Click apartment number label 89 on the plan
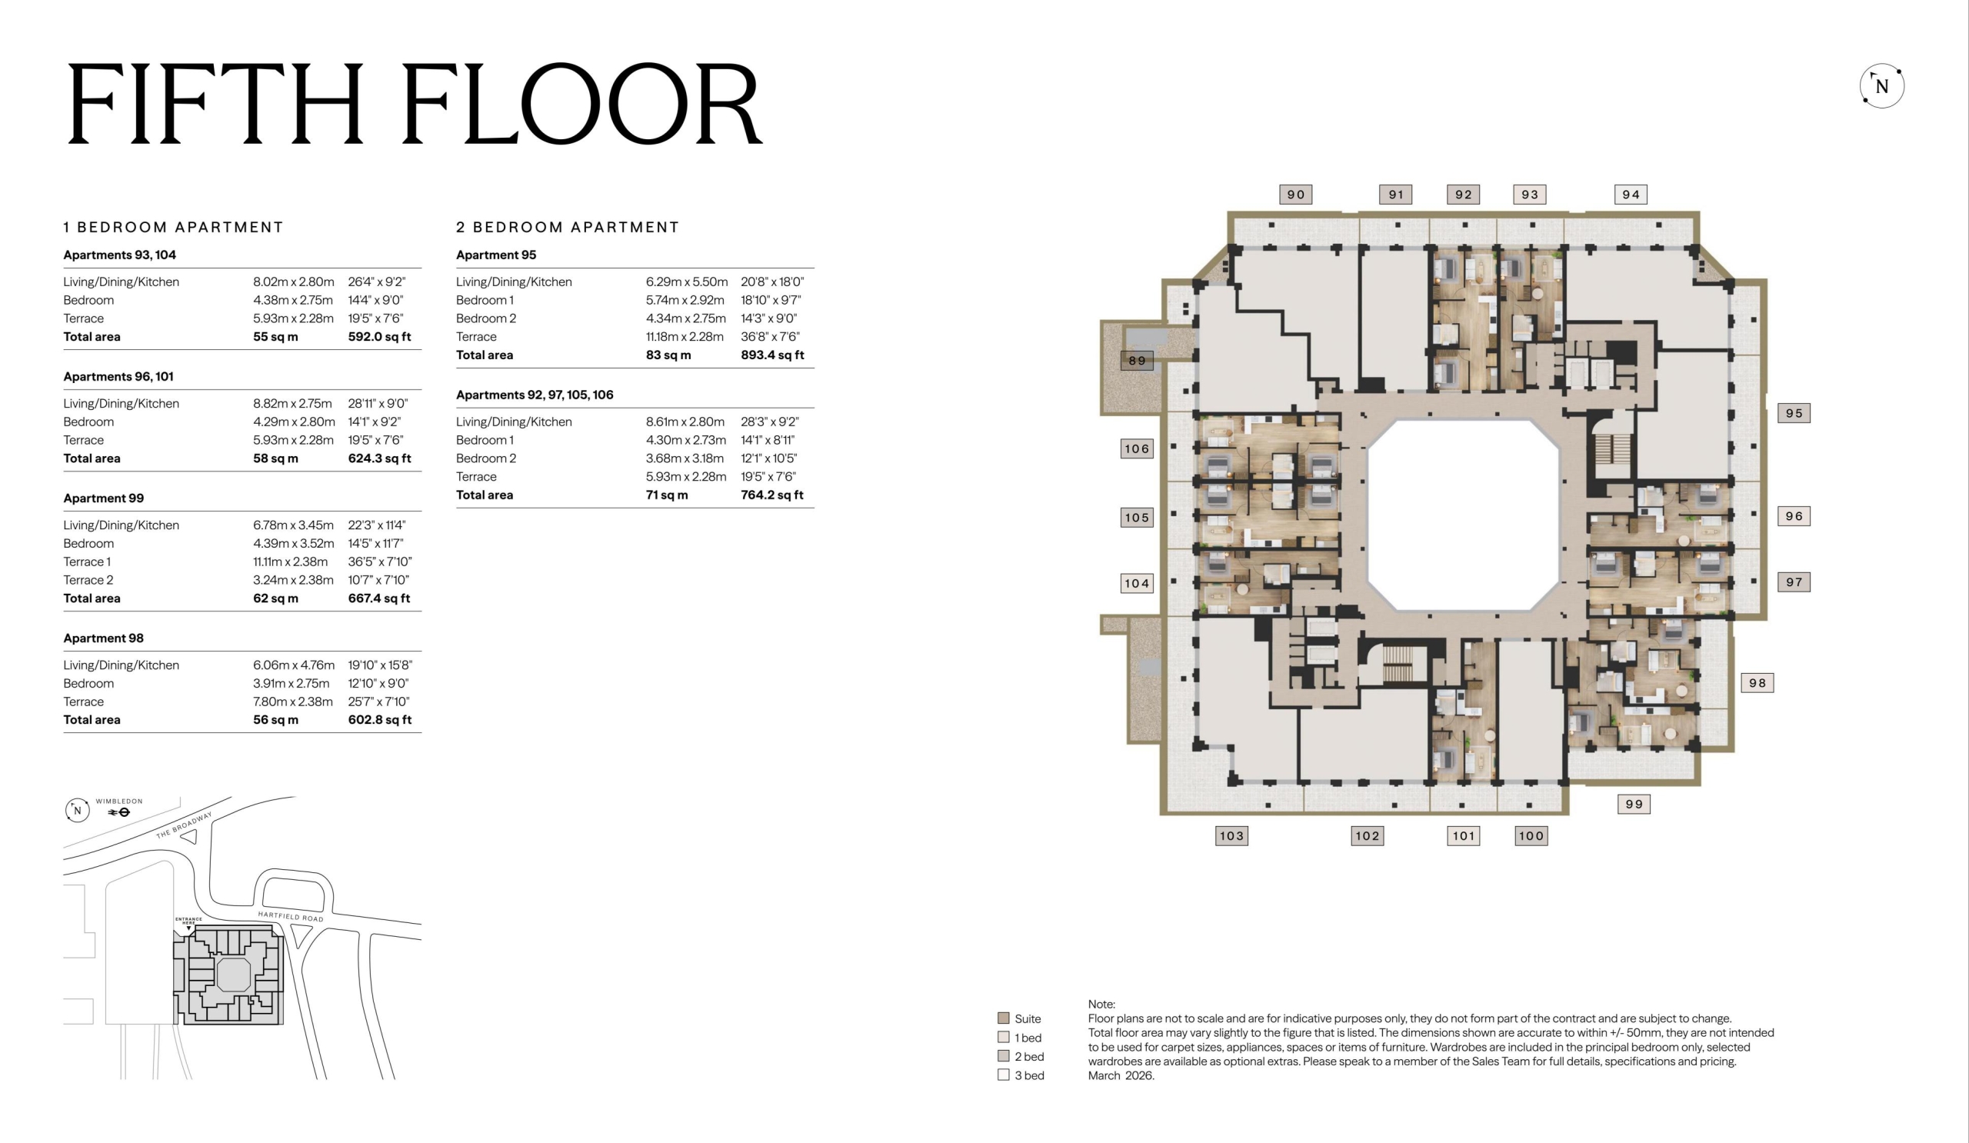point(1137,361)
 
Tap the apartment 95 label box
point(1794,413)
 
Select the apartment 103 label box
point(1231,836)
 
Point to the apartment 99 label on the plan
point(1634,804)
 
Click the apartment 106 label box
point(1137,448)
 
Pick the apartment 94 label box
point(1631,195)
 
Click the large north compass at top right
point(1881,86)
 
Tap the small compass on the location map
point(78,810)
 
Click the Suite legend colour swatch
point(1003,1018)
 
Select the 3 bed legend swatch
point(1003,1075)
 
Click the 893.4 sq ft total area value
point(772,355)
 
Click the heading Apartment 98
point(103,638)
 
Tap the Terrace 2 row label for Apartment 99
point(88,580)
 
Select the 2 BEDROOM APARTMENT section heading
point(568,228)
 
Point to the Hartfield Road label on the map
point(291,916)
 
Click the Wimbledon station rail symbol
point(118,812)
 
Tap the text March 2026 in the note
point(1121,1076)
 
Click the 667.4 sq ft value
point(379,598)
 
